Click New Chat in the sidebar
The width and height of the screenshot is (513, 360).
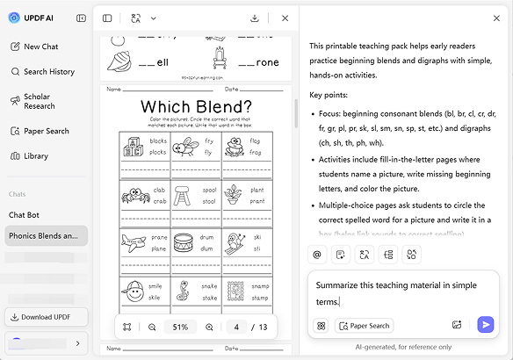(41, 47)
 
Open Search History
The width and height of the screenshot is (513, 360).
(48, 71)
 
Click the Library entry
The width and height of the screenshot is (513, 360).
(36, 155)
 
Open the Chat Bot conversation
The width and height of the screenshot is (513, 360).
(24, 214)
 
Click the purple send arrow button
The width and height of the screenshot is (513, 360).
(486, 325)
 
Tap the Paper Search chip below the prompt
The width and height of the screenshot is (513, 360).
(365, 326)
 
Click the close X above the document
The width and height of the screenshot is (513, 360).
(285, 18)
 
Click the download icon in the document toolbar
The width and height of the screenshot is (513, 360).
(255, 18)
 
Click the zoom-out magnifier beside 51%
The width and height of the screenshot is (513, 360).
(152, 327)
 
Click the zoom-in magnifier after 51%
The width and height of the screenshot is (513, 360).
(209, 327)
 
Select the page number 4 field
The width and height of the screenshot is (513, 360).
(236, 327)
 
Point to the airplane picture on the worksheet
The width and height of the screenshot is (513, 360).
(134, 241)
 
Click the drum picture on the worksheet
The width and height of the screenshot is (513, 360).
(184, 242)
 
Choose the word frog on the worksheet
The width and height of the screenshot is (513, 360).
(256, 151)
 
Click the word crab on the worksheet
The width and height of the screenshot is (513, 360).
(159, 199)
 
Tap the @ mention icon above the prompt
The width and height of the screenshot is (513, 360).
(317, 255)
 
